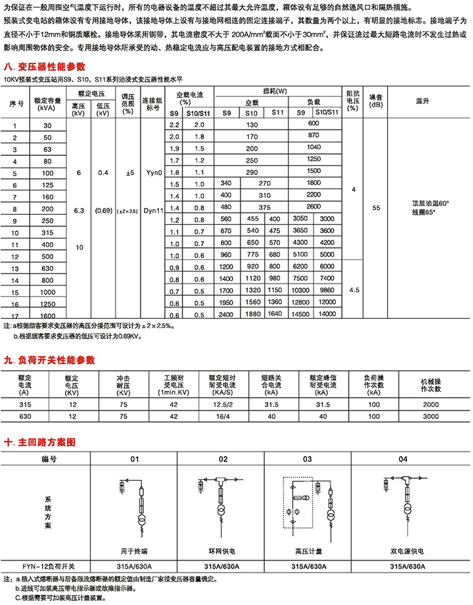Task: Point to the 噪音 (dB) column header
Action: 376,101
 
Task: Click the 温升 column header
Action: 423,101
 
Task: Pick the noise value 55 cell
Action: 376,210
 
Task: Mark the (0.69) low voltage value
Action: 103,211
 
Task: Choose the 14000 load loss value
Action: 327,314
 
